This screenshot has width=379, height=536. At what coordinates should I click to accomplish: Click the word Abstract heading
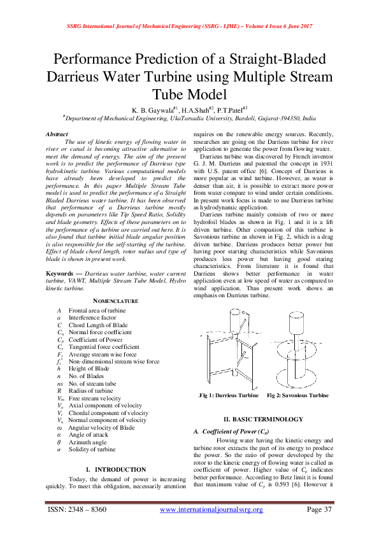pos(59,135)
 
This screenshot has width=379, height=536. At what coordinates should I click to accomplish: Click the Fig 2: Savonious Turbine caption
pos(298,395)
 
